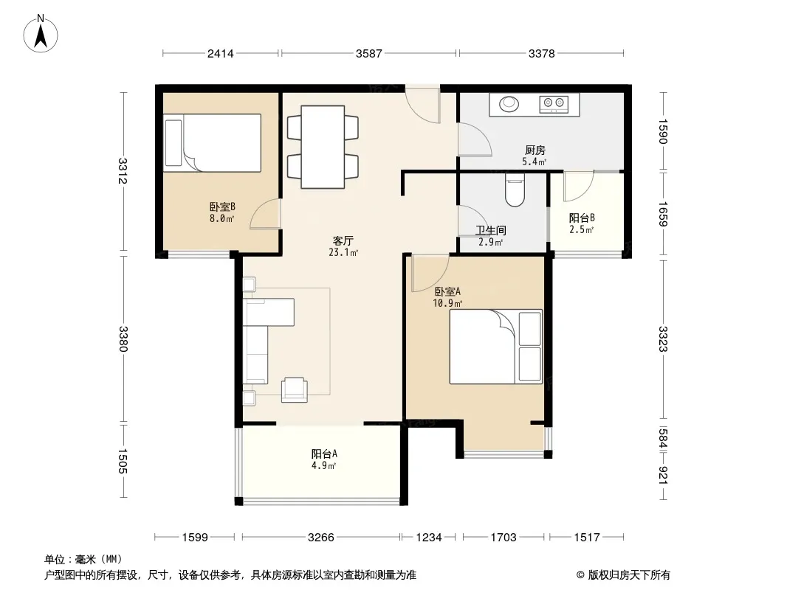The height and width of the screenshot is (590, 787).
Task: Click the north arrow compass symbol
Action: point(41,34)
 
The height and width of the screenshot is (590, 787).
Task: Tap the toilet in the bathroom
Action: point(515,190)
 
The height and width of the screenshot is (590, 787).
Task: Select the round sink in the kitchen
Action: point(509,104)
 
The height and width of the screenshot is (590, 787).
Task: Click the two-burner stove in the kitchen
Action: point(554,104)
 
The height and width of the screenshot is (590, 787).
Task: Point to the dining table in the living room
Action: point(322,146)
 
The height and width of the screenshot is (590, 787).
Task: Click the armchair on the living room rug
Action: point(294,389)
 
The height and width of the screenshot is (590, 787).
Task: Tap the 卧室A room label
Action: point(447,291)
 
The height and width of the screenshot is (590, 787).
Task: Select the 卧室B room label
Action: point(222,206)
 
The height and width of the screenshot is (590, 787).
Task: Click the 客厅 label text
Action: point(343,240)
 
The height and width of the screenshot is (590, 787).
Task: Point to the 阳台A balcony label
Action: point(324,454)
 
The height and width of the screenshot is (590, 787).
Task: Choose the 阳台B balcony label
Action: point(582,218)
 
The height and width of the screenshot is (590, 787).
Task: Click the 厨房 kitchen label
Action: point(535,150)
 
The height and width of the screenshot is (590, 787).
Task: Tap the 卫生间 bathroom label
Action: point(491,231)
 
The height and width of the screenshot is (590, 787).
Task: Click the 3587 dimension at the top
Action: point(369,53)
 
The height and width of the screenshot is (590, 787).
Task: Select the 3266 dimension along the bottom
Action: point(320,538)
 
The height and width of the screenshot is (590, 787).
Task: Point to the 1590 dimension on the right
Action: point(663,131)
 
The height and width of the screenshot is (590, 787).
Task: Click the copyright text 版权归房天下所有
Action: point(629,575)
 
